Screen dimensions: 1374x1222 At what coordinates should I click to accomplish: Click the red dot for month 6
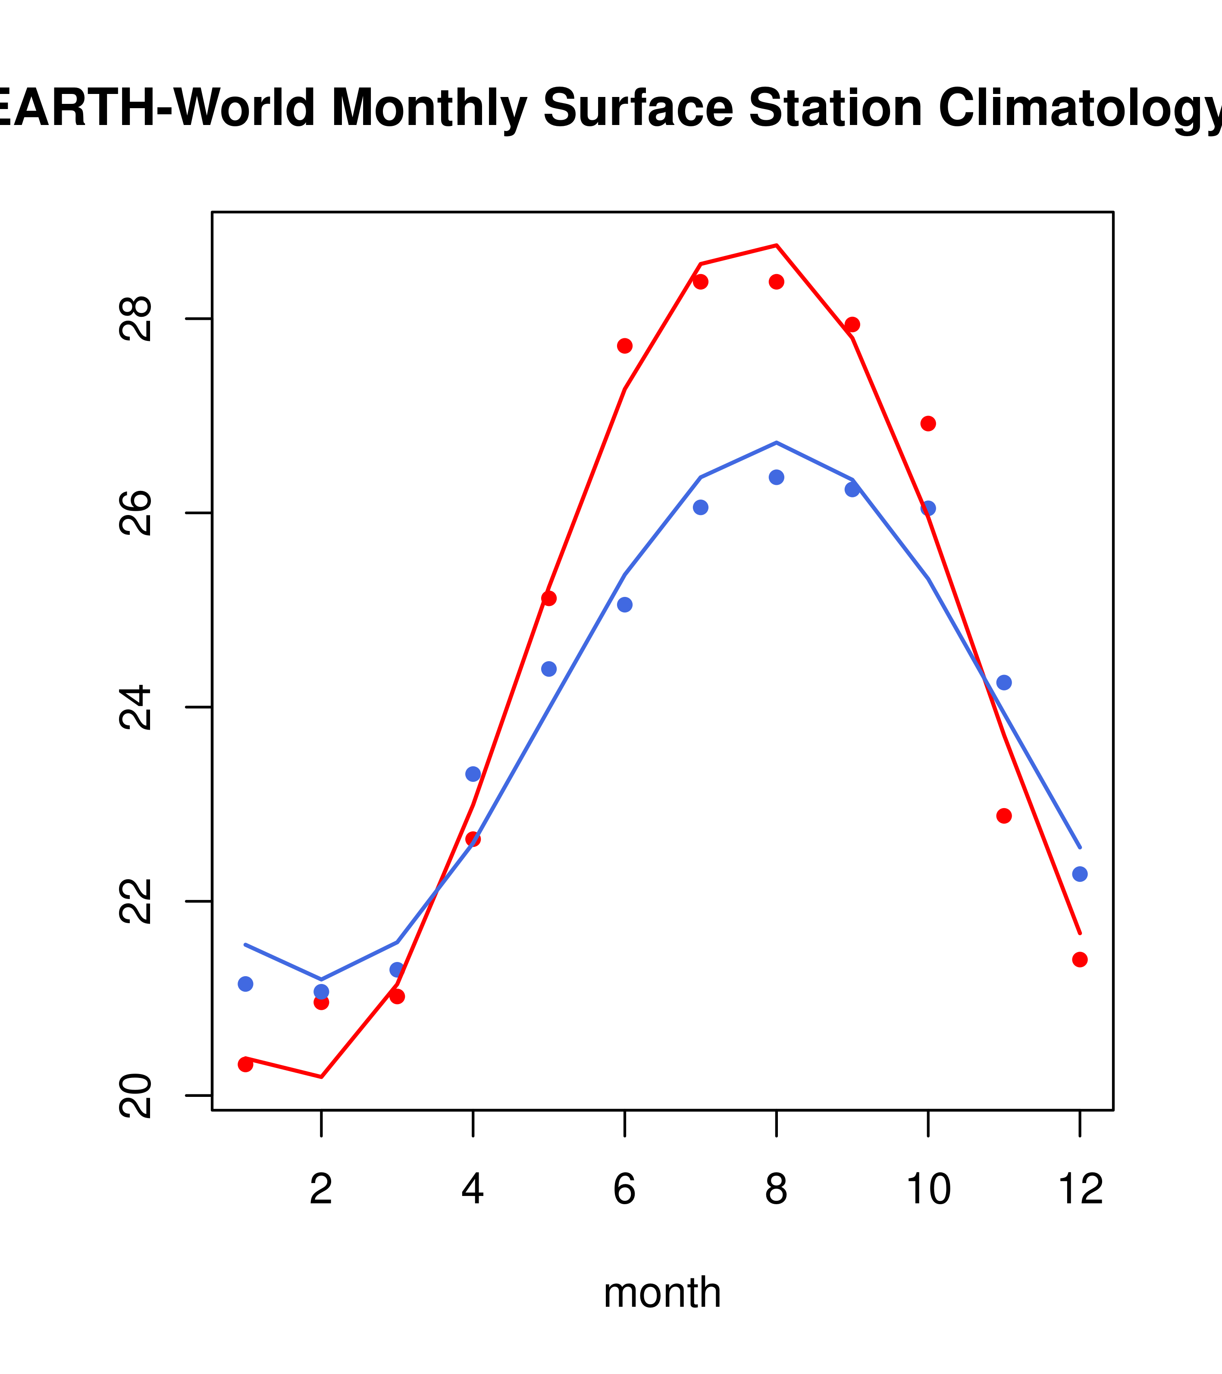tap(625, 346)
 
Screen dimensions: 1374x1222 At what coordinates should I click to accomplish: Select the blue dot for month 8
tap(776, 477)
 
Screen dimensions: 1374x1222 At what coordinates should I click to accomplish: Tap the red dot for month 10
tap(928, 424)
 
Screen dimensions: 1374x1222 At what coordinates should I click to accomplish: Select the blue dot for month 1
tap(245, 984)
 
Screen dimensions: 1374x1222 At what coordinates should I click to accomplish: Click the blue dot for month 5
tap(549, 669)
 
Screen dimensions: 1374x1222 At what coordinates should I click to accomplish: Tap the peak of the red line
tap(776, 245)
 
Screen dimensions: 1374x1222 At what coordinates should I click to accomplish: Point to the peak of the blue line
tap(776, 442)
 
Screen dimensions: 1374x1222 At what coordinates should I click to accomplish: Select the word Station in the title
tap(835, 108)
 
